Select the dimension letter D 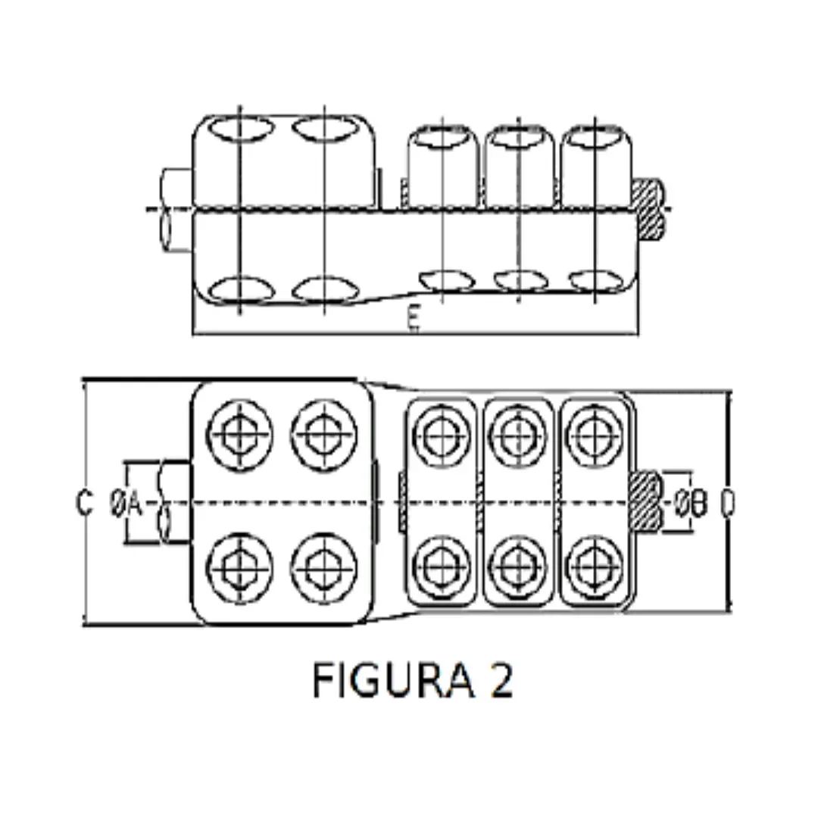726,502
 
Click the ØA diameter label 126,502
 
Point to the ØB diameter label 691,502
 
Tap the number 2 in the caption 501,679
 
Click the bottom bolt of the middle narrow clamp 519,567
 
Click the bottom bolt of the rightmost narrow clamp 595,567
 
